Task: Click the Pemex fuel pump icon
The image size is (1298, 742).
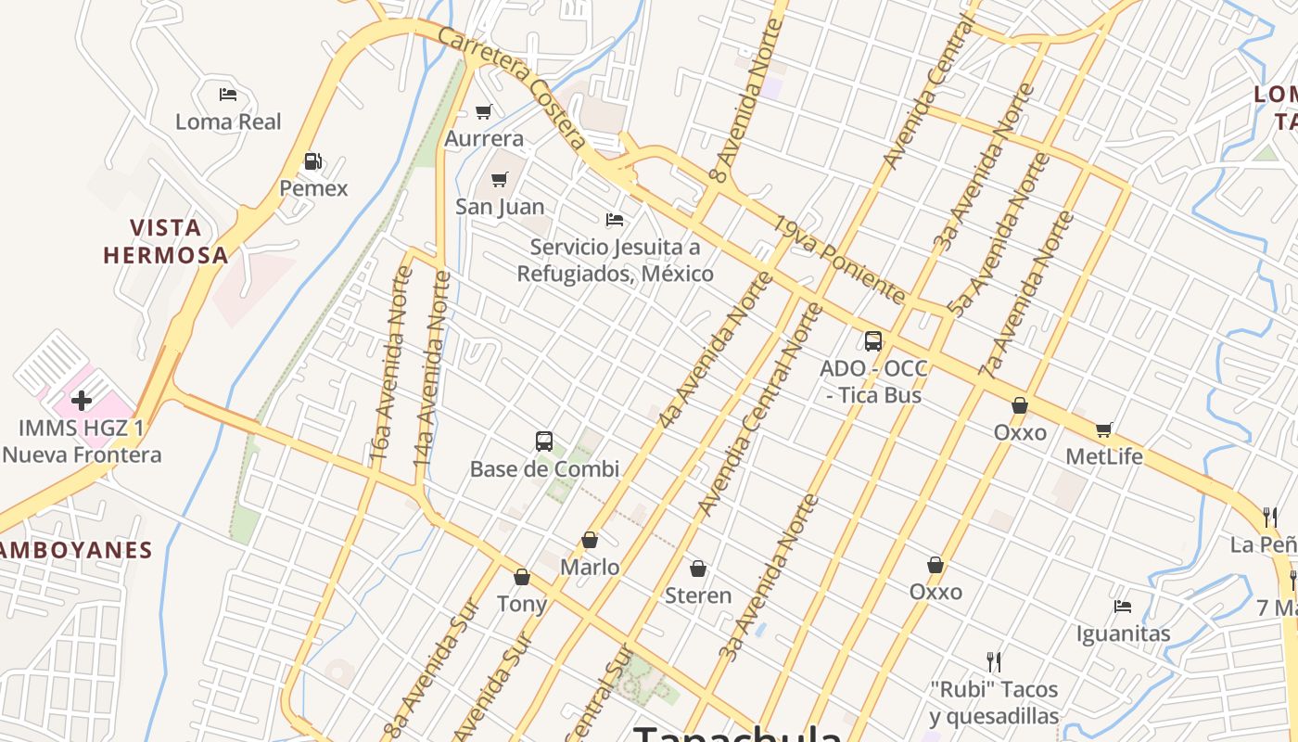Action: coord(313,162)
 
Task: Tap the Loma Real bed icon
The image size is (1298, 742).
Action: coord(228,95)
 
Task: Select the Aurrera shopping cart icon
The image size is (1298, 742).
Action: coord(483,112)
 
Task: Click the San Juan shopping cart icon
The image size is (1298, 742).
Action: coord(500,179)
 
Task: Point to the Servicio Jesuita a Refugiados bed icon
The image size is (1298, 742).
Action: coord(614,220)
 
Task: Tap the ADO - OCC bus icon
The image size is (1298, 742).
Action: coord(872,340)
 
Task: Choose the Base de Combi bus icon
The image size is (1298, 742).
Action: coord(544,441)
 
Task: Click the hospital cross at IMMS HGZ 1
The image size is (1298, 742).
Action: coord(82,401)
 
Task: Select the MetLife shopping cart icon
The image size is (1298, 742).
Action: coord(1103,429)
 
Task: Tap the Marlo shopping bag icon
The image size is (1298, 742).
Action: coord(590,540)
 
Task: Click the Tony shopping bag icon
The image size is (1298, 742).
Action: coord(522,577)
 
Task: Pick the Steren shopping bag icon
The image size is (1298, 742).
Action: coord(698,568)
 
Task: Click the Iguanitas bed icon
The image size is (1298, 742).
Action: coord(1123,607)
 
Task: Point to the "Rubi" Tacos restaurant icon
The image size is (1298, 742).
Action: coord(994,661)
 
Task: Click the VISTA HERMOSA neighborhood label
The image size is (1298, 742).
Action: coord(166,241)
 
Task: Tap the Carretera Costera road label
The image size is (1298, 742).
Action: coord(513,88)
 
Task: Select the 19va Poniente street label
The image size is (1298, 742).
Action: coord(840,261)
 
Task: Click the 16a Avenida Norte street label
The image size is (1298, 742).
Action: coord(390,365)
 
